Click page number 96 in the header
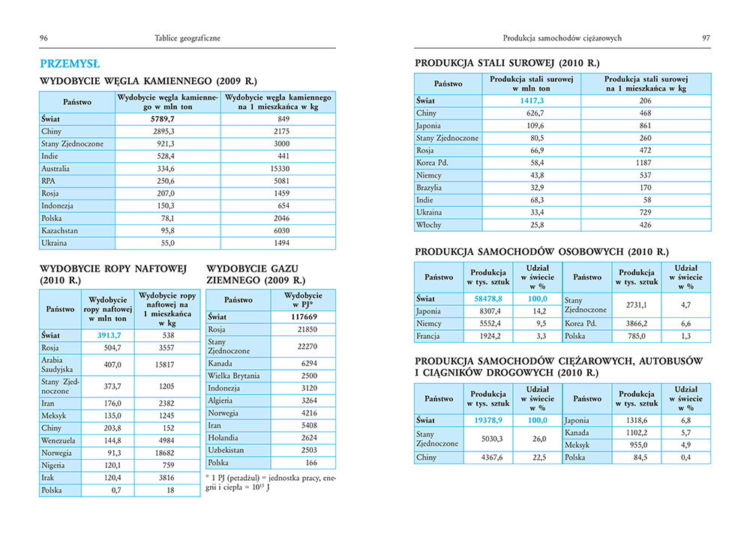click(44, 37)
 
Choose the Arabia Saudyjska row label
click(61, 365)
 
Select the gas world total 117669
click(303, 316)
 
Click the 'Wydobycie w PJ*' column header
click(303, 300)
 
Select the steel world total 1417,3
click(531, 100)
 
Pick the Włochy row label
click(429, 224)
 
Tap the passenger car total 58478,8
click(488, 298)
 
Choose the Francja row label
click(430, 336)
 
